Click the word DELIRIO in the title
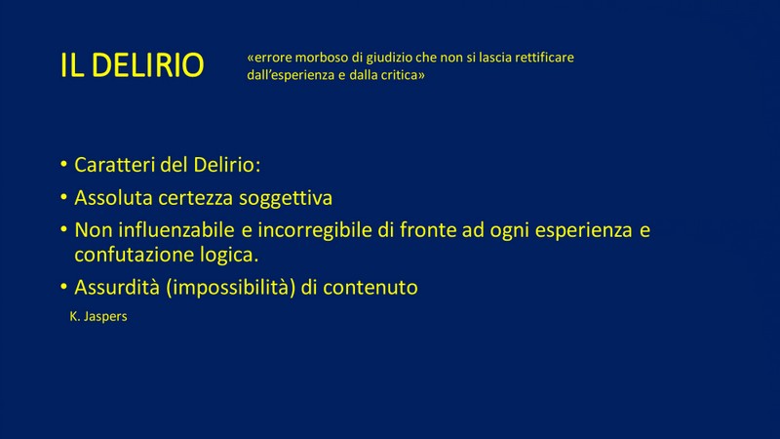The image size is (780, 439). coord(148,65)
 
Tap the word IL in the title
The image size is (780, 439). coord(71,65)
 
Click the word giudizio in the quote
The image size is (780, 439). coord(389,59)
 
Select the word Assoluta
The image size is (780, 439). coord(113,198)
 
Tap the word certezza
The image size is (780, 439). coord(196,199)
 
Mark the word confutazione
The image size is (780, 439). coord(134,255)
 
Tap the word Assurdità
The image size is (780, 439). coord(117,287)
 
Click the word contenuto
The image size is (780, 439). coord(370,288)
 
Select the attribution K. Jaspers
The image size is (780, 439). coord(98,316)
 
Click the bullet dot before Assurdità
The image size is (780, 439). coord(63,287)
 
